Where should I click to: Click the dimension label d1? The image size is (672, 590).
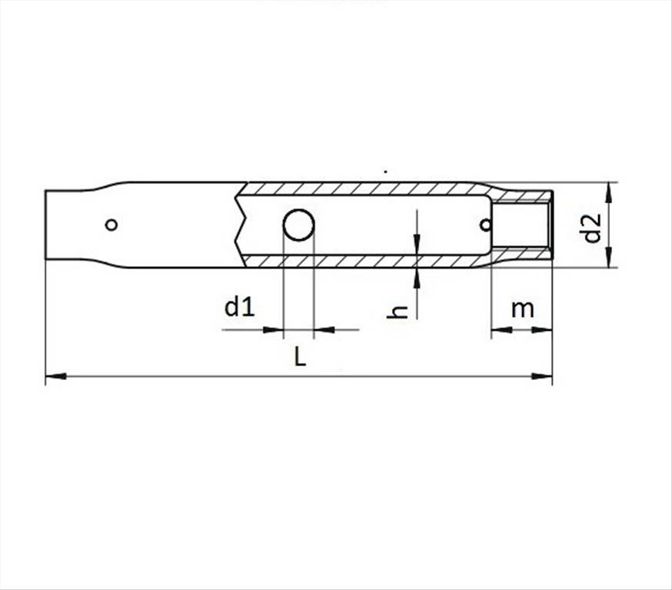(x=240, y=307)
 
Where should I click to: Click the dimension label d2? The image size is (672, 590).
(x=593, y=228)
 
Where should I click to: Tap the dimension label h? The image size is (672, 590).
(x=398, y=312)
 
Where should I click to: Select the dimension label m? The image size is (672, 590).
(x=522, y=309)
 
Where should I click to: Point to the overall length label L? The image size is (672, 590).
(x=300, y=356)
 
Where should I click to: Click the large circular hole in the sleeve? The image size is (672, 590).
(x=299, y=225)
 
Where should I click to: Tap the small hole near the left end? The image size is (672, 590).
(x=111, y=225)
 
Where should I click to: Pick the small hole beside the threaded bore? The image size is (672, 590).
(x=486, y=225)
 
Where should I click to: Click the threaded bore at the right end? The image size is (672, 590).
(x=520, y=225)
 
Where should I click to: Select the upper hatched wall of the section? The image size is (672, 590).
(x=364, y=188)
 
